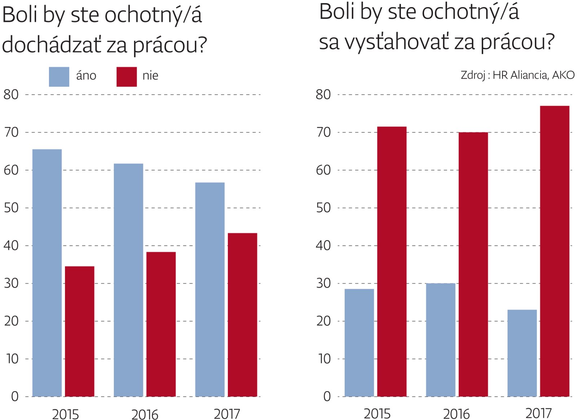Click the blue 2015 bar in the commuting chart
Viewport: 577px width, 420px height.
[x=47, y=273]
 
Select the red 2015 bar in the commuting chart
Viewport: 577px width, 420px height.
[x=80, y=331]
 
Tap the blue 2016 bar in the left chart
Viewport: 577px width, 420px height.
[x=128, y=280]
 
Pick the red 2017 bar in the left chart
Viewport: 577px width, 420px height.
[x=242, y=315]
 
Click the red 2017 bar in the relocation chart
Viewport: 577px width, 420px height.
[x=555, y=251]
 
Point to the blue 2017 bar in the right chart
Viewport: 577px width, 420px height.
[x=522, y=353]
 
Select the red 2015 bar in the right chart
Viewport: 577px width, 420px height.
[x=392, y=262]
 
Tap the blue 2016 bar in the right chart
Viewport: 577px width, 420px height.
[x=441, y=340]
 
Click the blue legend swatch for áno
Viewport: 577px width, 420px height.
[x=59, y=77]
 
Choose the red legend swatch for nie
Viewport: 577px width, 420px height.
[x=127, y=77]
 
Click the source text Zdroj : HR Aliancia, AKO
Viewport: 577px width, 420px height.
[x=517, y=75]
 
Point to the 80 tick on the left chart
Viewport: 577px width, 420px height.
[x=11, y=95]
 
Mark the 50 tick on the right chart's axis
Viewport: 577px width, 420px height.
[x=323, y=208]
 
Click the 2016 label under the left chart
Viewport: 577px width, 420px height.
[x=145, y=415]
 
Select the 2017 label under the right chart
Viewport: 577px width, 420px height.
[x=538, y=413]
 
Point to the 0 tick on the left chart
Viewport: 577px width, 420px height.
[x=15, y=397]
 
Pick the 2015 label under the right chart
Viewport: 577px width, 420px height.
[x=377, y=414]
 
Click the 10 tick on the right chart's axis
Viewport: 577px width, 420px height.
[x=324, y=359]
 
